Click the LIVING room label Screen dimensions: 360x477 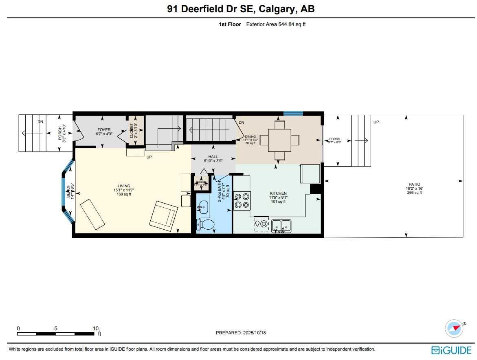point(122,186)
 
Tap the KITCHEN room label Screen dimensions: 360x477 point(278,193)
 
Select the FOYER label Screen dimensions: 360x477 point(104,130)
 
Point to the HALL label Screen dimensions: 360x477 point(213,156)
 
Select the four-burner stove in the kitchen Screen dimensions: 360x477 point(242,200)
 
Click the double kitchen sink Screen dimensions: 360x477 point(281,226)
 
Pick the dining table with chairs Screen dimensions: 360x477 point(279,140)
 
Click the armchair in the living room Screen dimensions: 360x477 point(163,216)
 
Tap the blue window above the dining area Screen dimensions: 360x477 point(293,114)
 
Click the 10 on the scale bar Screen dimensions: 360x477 point(95,329)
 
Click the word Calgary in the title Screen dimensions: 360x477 point(271,9)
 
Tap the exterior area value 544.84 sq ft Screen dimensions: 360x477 point(292,24)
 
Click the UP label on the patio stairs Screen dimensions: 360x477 point(376,122)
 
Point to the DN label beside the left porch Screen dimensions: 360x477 point(40,122)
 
